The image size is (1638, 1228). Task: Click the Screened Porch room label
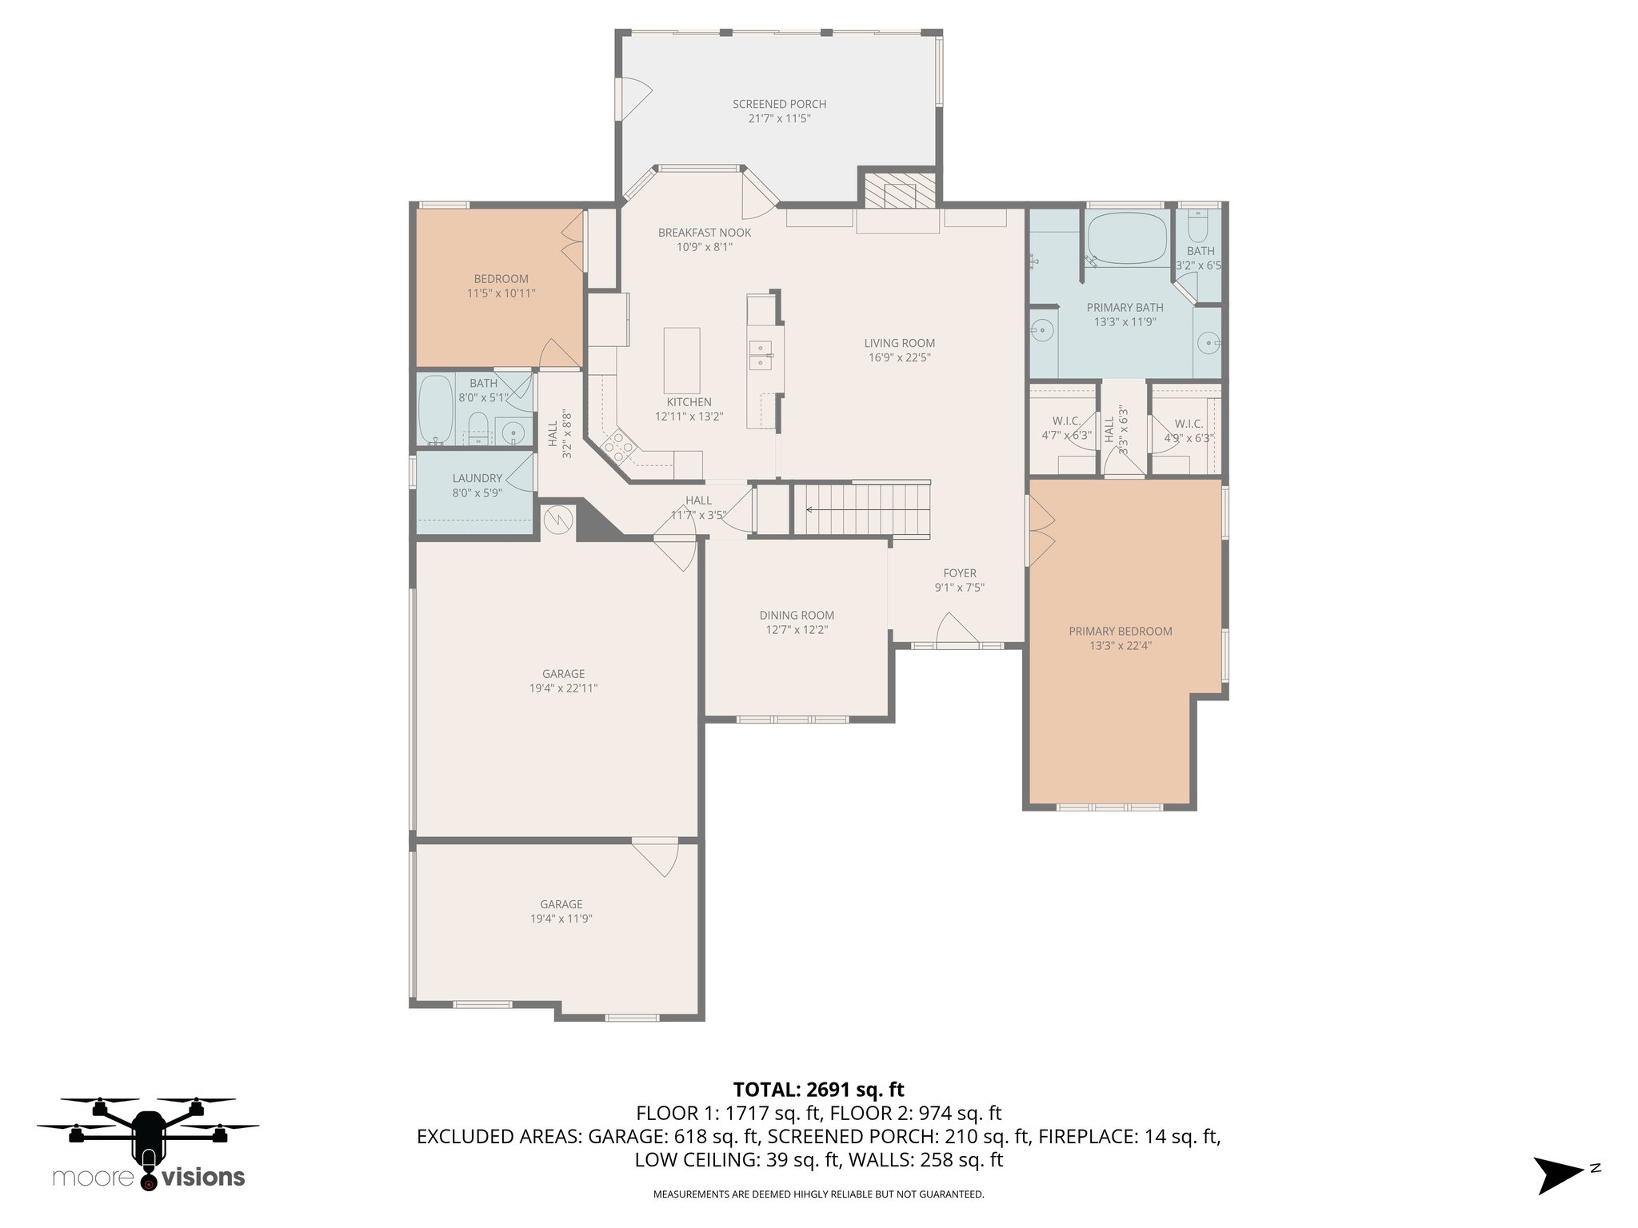(779, 104)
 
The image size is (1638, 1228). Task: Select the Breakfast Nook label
(705, 233)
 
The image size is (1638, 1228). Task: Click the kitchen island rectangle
(681, 360)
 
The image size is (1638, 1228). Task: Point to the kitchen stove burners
(618, 446)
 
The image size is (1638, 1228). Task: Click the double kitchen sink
(760, 355)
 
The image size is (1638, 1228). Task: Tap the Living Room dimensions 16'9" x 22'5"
(899, 357)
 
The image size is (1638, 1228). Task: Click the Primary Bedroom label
(1121, 632)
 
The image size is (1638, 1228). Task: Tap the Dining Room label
(797, 616)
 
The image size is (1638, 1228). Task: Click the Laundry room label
(477, 479)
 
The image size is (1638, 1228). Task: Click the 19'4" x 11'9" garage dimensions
(561, 919)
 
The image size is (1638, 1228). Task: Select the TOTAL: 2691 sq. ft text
(818, 1090)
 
